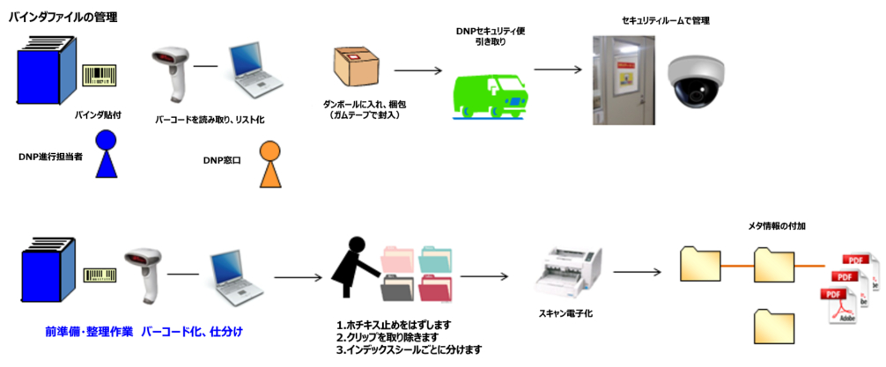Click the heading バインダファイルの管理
pos(63,18)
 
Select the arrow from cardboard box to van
pos(417,70)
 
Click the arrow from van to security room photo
pos(560,70)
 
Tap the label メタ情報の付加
pos(776,225)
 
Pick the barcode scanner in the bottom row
pos(144,270)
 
